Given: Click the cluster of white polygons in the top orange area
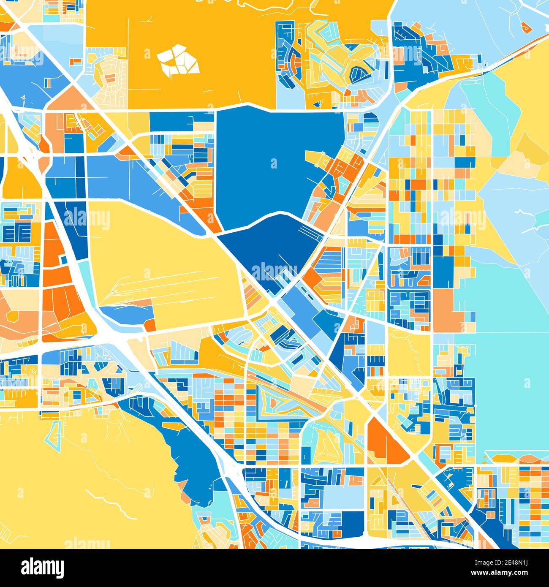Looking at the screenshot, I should coord(177,60).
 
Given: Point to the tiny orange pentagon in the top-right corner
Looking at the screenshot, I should coord(527,27).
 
